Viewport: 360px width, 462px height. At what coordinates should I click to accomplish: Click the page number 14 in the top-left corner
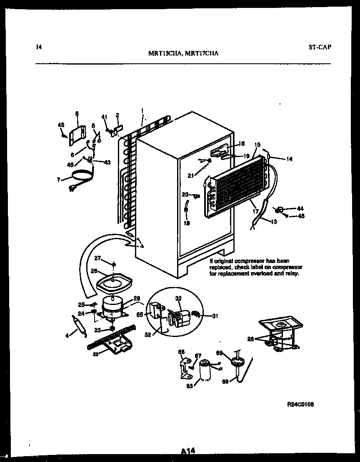pos(38,47)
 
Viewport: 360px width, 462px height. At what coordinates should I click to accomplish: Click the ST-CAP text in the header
pos(320,47)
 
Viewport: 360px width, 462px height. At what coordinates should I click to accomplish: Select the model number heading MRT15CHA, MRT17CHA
pos(184,53)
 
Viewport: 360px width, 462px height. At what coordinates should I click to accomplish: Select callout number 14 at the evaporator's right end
pos(289,159)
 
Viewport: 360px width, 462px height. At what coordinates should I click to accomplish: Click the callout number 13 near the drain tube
pos(273,221)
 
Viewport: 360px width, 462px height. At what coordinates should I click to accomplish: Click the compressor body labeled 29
pos(112,306)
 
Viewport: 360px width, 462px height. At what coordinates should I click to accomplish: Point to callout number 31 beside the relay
pos(215,316)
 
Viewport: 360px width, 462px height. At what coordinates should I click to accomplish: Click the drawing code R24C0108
pos(300,405)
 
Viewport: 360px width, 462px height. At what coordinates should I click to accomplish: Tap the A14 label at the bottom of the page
pos(188,450)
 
